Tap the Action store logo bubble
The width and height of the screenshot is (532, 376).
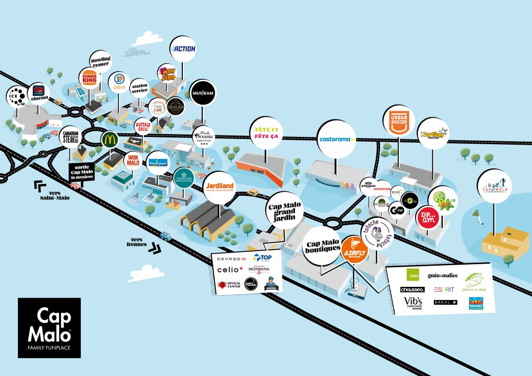click(183, 49)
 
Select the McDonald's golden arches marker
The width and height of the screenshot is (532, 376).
click(109, 140)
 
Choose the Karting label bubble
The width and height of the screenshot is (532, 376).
click(432, 134)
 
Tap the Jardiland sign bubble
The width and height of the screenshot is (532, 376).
click(220, 186)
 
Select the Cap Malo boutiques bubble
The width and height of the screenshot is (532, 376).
click(323, 246)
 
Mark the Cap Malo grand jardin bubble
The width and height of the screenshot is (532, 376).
click(284, 211)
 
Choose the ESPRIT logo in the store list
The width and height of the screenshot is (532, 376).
click(443, 289)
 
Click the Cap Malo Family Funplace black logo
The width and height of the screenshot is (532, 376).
click(49, 328)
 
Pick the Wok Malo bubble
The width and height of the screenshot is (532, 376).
click(133, 160)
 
